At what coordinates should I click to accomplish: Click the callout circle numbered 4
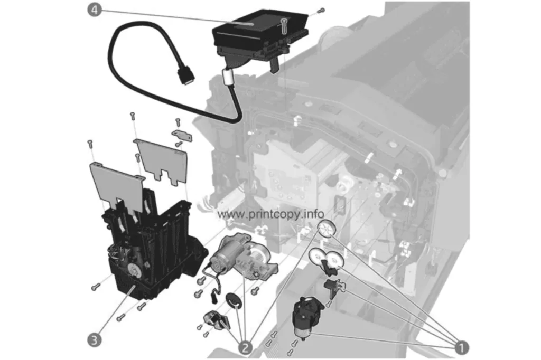(94, 10)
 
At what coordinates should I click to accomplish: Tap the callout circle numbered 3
(94, 340)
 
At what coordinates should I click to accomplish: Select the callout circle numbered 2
(245, 347)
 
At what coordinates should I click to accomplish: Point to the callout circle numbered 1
(462, 347)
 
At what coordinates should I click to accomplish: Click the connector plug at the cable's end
(185, 75)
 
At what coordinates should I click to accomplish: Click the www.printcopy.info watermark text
(271, 214)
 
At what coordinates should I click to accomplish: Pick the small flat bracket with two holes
(182, 135)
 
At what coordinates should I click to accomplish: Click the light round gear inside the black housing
(133, 269)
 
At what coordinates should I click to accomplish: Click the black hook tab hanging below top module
(273, 64)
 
